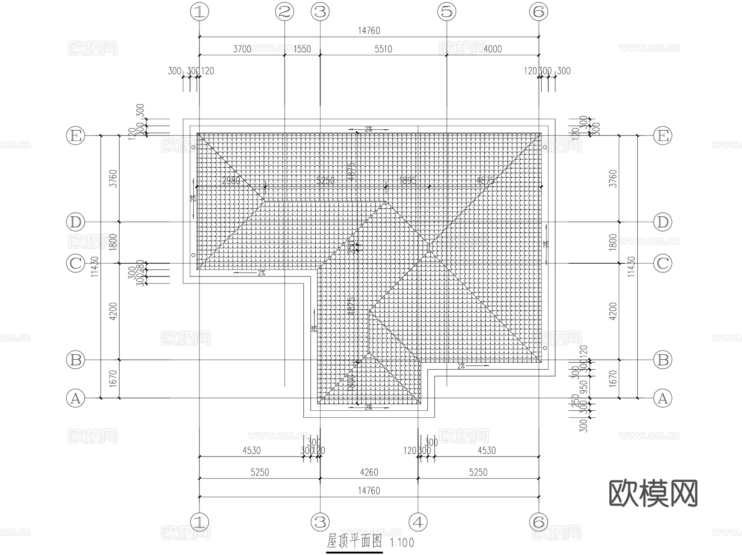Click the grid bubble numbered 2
pyautogui.click(x=284, y=12)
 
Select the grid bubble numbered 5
pyautogui.click(x=447, y=12)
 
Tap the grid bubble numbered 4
pyautogui.click(x=418, y=522)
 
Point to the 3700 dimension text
pyautogui.click(x=242, y=49)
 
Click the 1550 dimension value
pyautogui.click(x=302, y=49)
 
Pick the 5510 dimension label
pyautogui.click(x=383, y=49)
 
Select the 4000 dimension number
pyautogui.click(x=493, y=49)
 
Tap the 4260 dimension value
pyautogui.click(x=369, y=472)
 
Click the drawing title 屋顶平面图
pyautogui.click(x=355, y=541)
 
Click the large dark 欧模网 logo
pyautogui.click(x=653, y=493)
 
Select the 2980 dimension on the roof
pyautogui.click(x=231, y=181)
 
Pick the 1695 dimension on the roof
pyautogui.click(x=408, y=181)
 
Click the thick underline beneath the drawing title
pyautogui.click(x=355, y=552)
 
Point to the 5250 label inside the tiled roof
pyautogui.click(x=325, y=181)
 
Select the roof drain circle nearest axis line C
pyautogui.click(x=193, y=255)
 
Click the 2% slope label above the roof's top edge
pyautogui.click(x=369, y=129)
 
